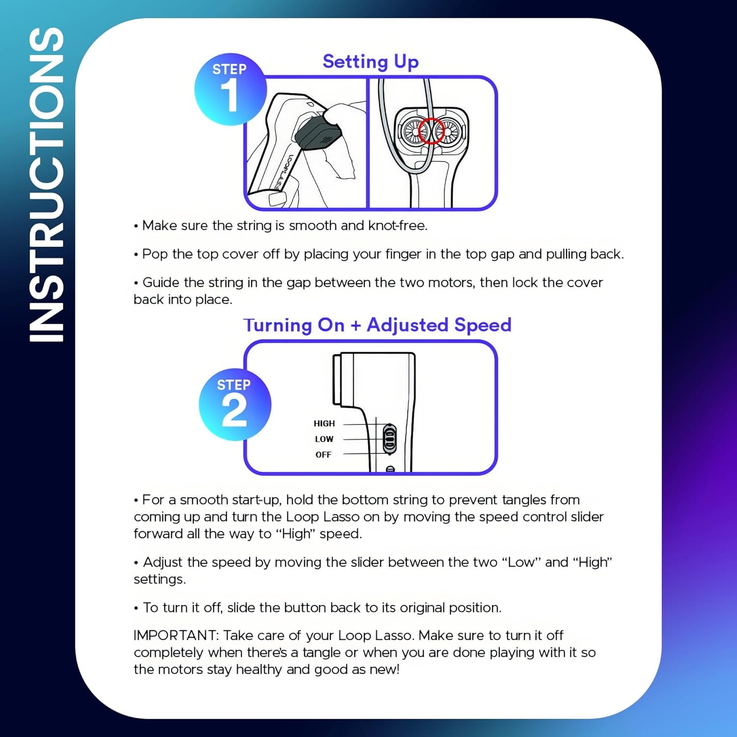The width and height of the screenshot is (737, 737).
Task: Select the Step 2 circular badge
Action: point(234,404)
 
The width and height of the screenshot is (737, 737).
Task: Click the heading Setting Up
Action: point(370,62)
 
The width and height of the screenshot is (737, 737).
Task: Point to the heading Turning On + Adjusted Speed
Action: point(377,325)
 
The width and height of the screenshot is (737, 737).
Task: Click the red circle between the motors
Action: point(431,131)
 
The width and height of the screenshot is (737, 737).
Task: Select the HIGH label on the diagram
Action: point(324,424)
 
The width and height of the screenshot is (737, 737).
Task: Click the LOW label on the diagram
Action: point(324,439)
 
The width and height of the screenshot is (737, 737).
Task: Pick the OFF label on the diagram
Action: point(323,455)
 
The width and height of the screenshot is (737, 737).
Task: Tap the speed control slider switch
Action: point(390,438)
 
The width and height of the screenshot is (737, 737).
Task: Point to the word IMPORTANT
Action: point(175,635)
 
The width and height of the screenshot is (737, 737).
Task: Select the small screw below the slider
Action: point(390,469)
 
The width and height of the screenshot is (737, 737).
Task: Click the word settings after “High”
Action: point(159,579)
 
